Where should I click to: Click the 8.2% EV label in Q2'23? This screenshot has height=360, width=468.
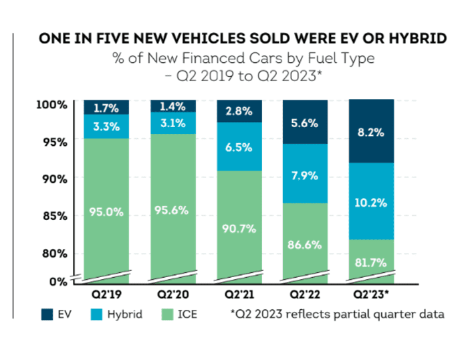coord(370,132)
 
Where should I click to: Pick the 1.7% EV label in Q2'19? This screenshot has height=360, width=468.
coord(106,106)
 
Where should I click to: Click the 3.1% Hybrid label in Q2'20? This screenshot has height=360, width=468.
coord(172,123)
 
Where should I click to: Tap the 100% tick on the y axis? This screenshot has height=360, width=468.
coord(51,104)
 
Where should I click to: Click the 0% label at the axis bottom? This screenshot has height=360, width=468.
coord(58,281)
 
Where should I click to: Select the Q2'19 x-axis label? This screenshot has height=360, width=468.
coord(106,294)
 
